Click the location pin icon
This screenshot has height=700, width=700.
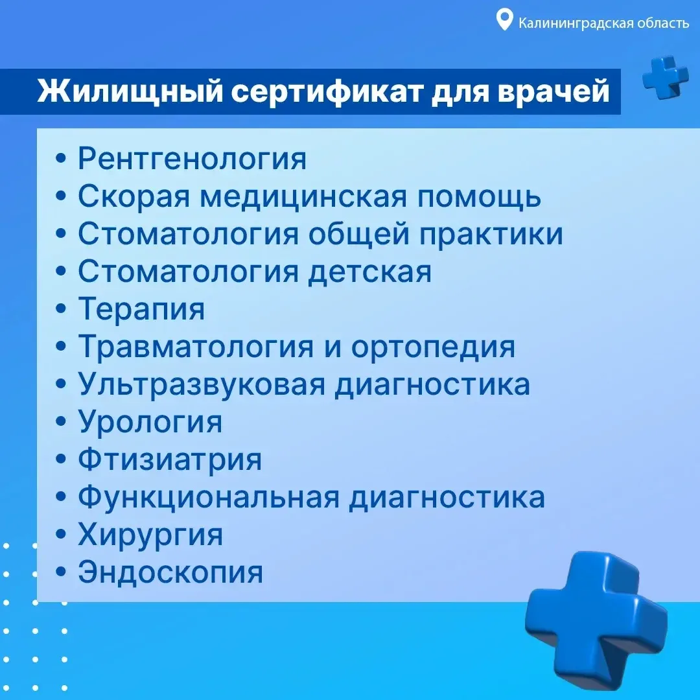point(504,20)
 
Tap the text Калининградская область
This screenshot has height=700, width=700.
point(603,23)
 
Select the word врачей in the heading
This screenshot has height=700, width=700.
point(553,91)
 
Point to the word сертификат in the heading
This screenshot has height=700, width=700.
point(327,91)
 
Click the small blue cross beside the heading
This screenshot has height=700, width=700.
point(665,77)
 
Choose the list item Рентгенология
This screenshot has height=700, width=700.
point(192,158)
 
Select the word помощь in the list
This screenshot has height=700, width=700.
point(479,196)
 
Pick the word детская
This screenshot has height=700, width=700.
point(369,272)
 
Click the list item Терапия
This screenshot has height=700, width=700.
point(141,309)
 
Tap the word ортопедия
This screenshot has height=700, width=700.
point(433,347)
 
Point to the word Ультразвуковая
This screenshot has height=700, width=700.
point(202,384)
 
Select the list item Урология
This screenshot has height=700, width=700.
point(150,422)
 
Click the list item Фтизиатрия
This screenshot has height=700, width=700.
point(170,460)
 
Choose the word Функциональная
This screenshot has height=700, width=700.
point(209,497)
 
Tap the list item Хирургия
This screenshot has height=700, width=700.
point(150,535)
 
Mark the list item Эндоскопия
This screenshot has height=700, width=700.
point(170,572)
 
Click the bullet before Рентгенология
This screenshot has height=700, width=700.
point(61,159)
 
